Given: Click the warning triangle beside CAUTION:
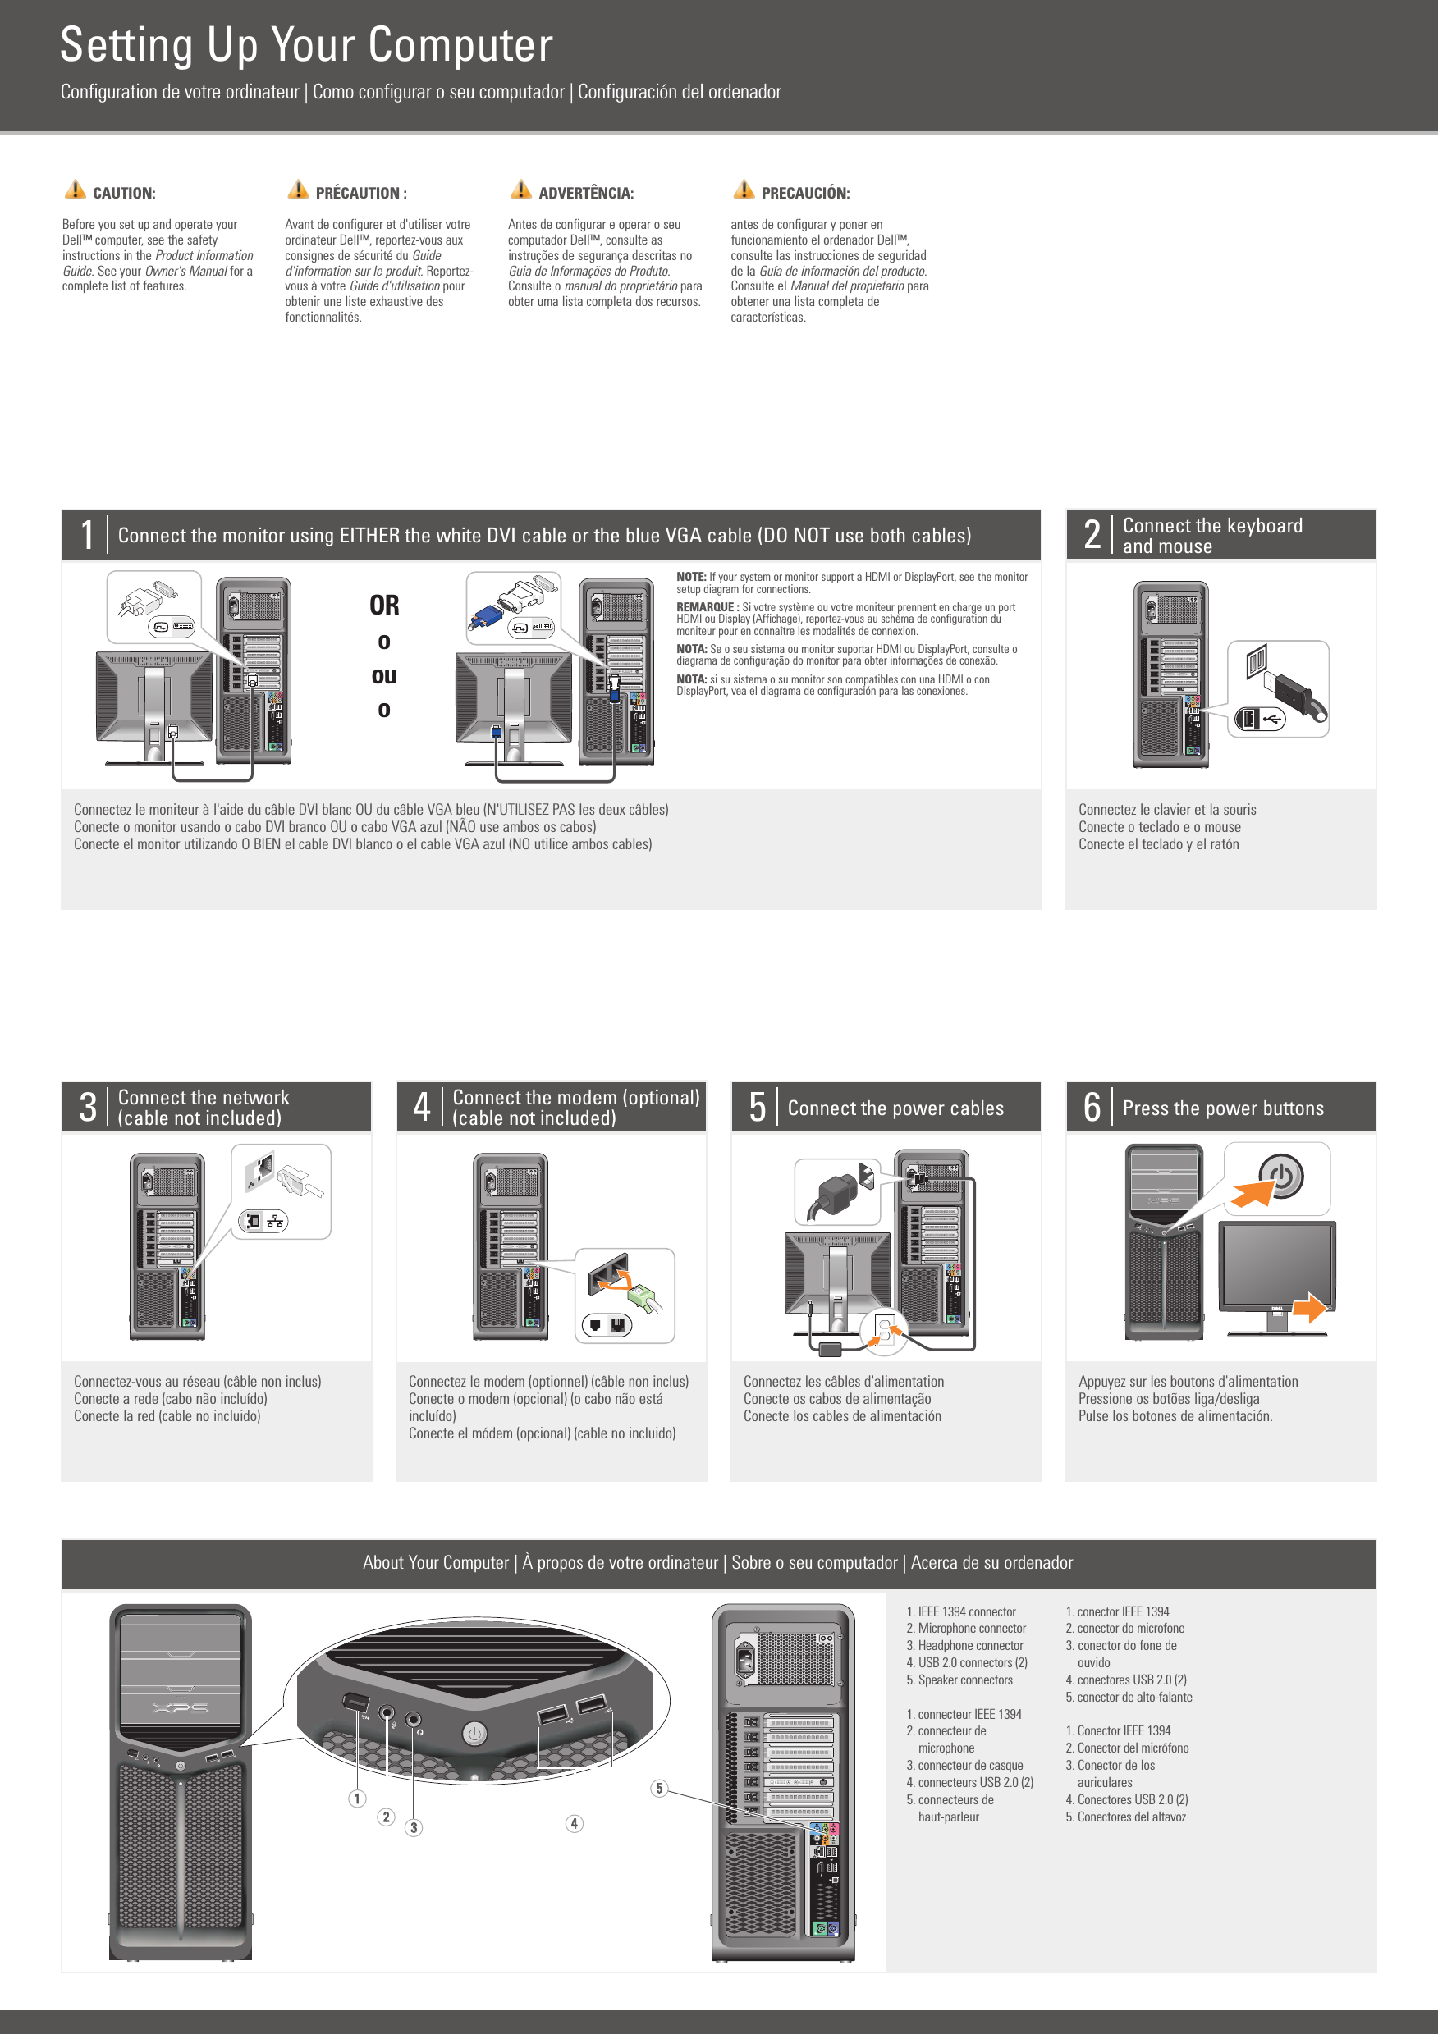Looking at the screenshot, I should click(76, 190).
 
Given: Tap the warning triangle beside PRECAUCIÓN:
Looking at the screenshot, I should click(744, 190).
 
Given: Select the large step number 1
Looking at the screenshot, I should click(87, 535).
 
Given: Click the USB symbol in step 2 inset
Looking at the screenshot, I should click(1272, 720).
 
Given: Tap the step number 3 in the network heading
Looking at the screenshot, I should click(87, 1108).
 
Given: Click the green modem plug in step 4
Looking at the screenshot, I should click(643, 1299).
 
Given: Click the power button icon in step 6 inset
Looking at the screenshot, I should click(1281, 1177).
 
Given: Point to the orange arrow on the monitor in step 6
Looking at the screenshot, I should click(1311, 1308).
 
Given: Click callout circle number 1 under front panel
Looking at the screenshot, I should click(357, 1799).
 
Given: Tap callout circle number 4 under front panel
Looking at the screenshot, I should click(575, 1823).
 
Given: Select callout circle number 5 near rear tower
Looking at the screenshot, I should click(658, 1788).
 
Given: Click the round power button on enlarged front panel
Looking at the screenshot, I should click(475, 1734).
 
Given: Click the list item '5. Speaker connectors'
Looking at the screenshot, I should click(959, 1680).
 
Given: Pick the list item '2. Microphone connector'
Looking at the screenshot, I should click(966, 1628).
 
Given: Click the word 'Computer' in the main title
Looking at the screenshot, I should click(460, 44).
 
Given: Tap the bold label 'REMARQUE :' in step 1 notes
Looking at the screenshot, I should click(707, 608).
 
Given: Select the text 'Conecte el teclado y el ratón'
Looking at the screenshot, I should click(1158, 844).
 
